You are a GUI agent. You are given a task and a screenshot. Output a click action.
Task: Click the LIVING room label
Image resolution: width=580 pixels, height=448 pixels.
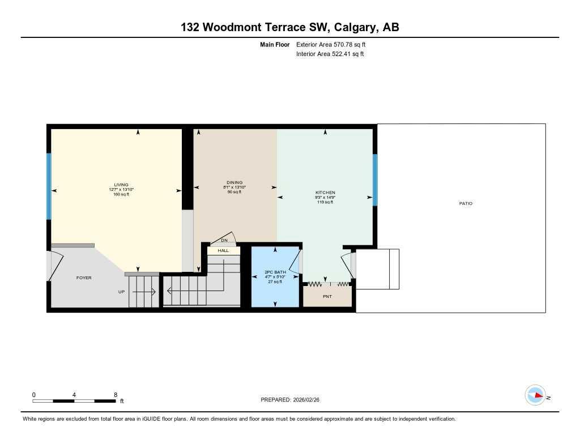tap(121, 185)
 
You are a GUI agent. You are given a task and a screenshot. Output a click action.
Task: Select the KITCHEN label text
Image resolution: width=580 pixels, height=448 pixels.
tap(325, 193)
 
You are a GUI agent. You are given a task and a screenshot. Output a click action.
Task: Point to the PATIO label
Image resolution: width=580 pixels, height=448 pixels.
tap(466, 203)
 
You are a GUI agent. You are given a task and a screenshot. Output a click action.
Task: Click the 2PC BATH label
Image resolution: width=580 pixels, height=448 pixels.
tap(275, 272)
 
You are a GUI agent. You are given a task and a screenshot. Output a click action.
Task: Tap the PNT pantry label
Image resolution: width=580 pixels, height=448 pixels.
tap(327, 296)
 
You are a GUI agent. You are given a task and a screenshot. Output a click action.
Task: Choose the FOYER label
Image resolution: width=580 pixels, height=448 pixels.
tap(84, 278)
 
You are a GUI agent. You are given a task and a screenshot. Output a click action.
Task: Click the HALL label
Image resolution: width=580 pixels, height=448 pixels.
tap(223, 250)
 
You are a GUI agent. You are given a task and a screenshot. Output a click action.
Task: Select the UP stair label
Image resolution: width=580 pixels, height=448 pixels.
tap(121, 292)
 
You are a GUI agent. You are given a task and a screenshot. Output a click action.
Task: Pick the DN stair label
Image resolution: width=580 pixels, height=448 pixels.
tap(224, 241)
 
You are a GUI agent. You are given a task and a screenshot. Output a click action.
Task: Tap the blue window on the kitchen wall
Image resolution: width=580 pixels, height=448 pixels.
tap(375, 180)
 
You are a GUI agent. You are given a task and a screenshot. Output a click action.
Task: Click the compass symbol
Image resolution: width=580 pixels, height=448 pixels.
tap(535, 395)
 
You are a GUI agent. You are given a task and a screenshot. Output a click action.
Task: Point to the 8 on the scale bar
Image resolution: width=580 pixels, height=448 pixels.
tap(116, 395)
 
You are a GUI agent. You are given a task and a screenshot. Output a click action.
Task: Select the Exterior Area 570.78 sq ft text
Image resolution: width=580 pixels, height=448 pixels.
tap(335, 44)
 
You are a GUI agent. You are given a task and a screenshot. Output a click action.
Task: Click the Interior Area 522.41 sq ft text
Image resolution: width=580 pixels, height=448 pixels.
tap(330, 54)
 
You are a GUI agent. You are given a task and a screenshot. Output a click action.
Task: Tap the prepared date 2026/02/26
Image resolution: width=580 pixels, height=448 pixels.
tap(310, 400)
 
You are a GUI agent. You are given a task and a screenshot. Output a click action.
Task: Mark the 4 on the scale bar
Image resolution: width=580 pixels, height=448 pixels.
tap(75, 395)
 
